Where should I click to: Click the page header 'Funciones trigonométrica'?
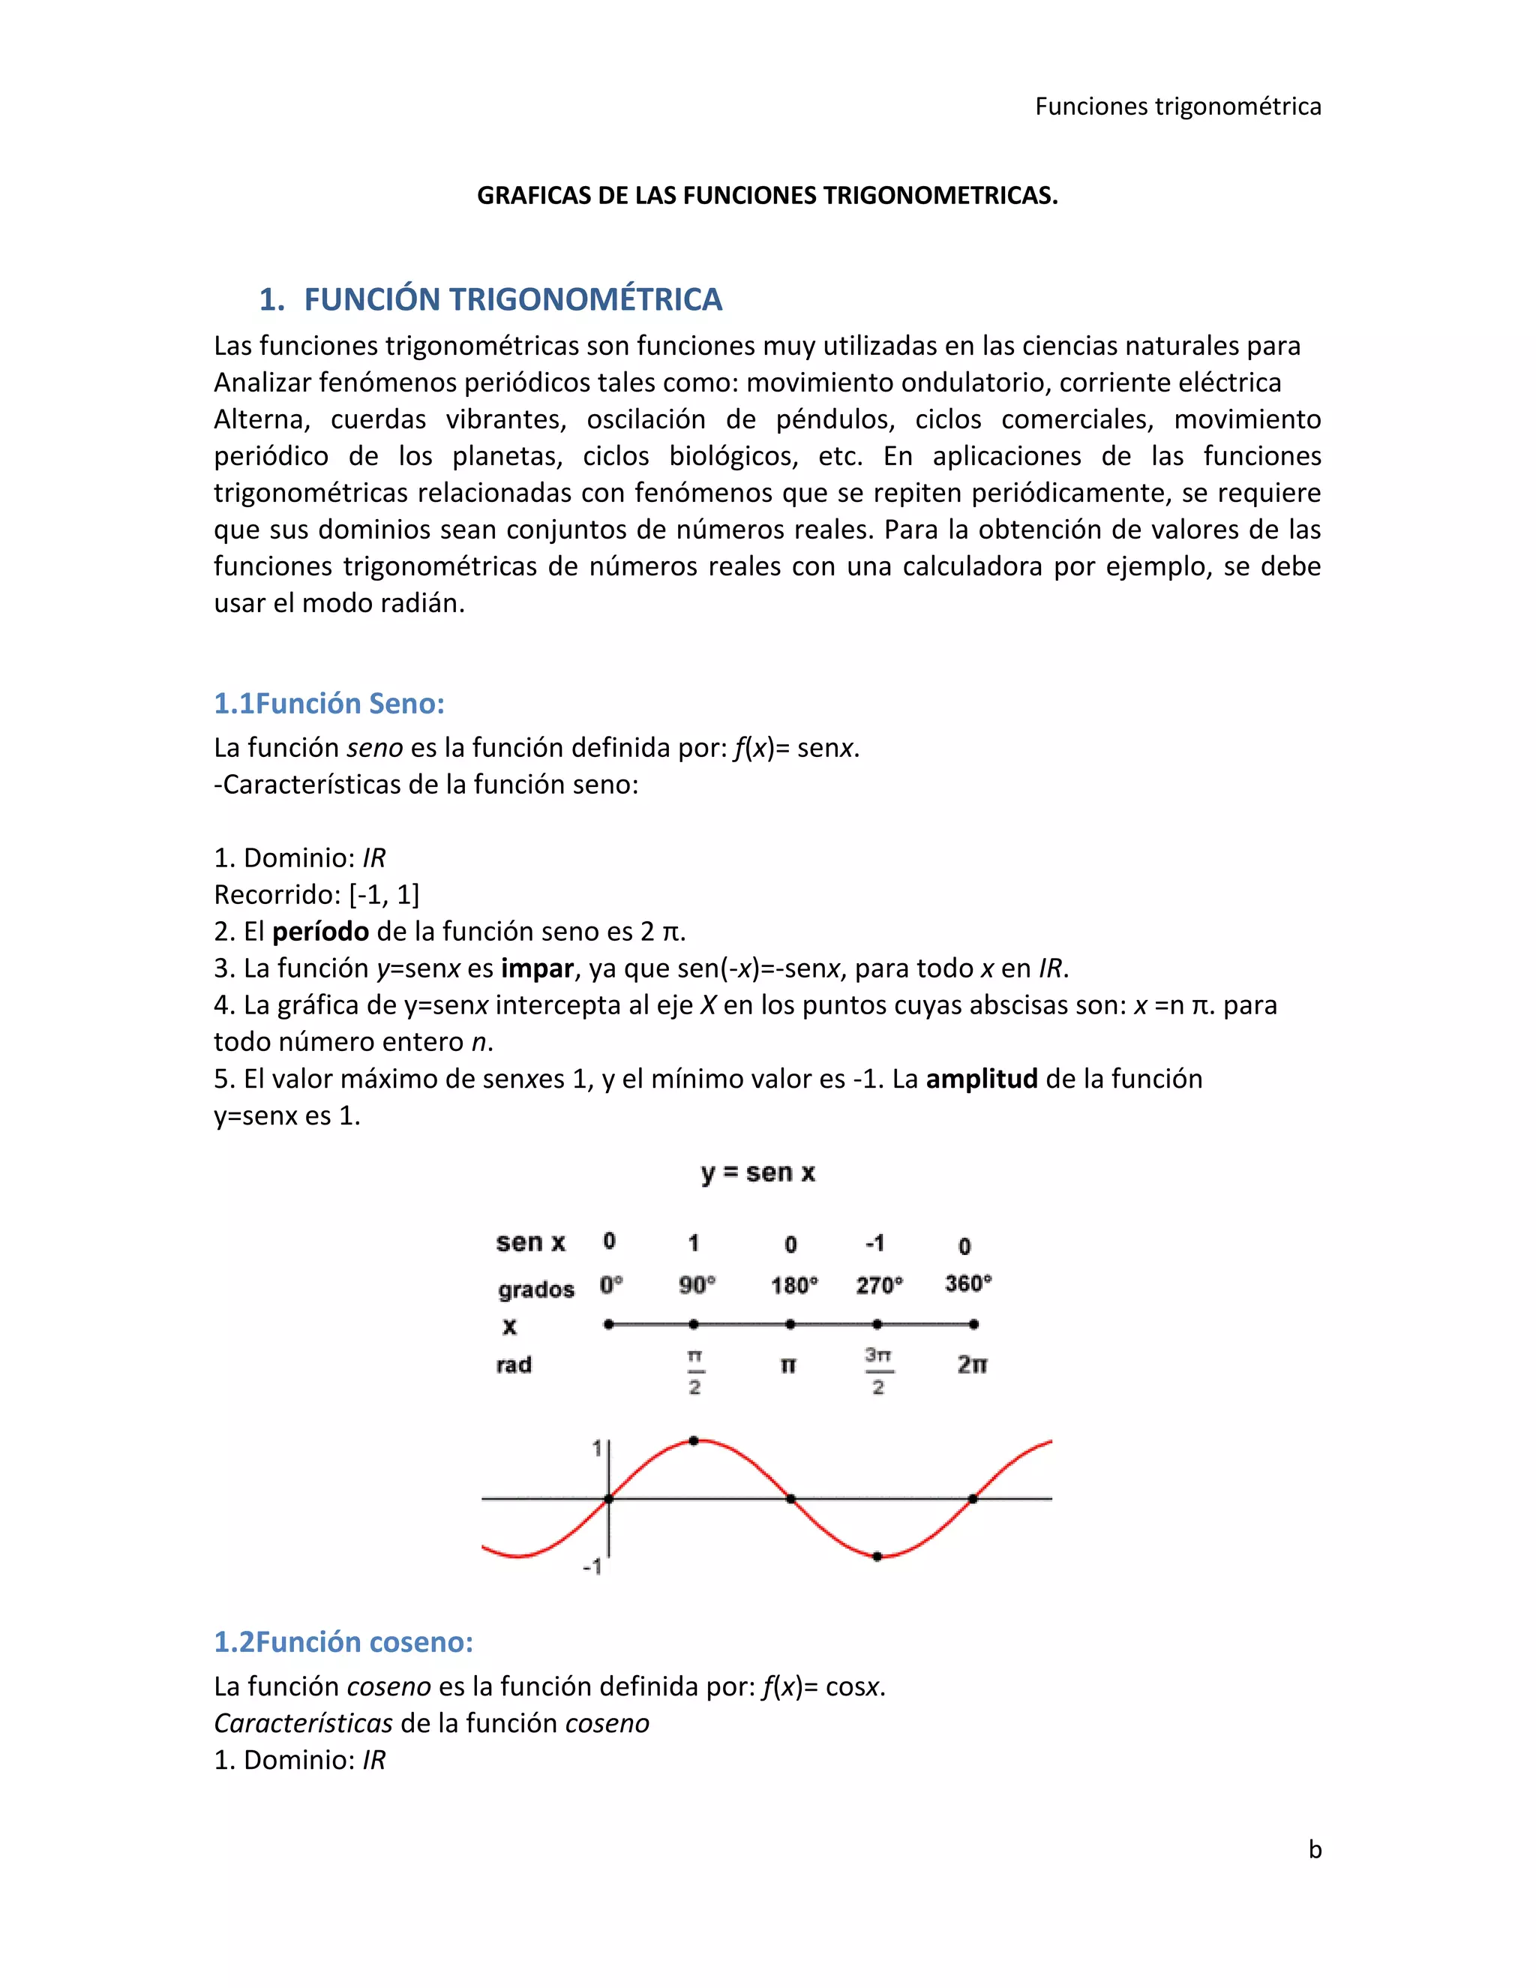tap(1177, 107)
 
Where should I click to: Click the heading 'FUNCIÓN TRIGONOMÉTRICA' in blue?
tap(512, 299)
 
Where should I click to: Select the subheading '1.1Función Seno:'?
tap(328, 703)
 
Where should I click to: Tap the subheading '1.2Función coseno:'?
tap(343, 1641)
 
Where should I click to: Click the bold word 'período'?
tap(320, 931)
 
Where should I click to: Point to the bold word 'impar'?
tap(537, 968)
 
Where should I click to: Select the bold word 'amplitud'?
tap(982, 1079)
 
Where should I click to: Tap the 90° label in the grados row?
tap(697, 1284)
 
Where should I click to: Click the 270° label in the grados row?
tap(879, 1284)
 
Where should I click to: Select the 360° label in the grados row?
tap(968, 1284)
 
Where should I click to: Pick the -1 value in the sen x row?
tap(874, 1242)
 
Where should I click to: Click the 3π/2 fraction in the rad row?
tap(878, 1371)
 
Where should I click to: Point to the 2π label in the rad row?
tap(972, 1365)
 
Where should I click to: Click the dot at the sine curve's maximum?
tap(694, 1441)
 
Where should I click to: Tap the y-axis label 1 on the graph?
tap(597, 1447)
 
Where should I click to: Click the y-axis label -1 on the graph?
tap(592, 1566)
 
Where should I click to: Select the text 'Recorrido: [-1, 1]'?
tap(316, 895)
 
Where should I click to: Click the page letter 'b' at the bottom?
tap(1315, 1850)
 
